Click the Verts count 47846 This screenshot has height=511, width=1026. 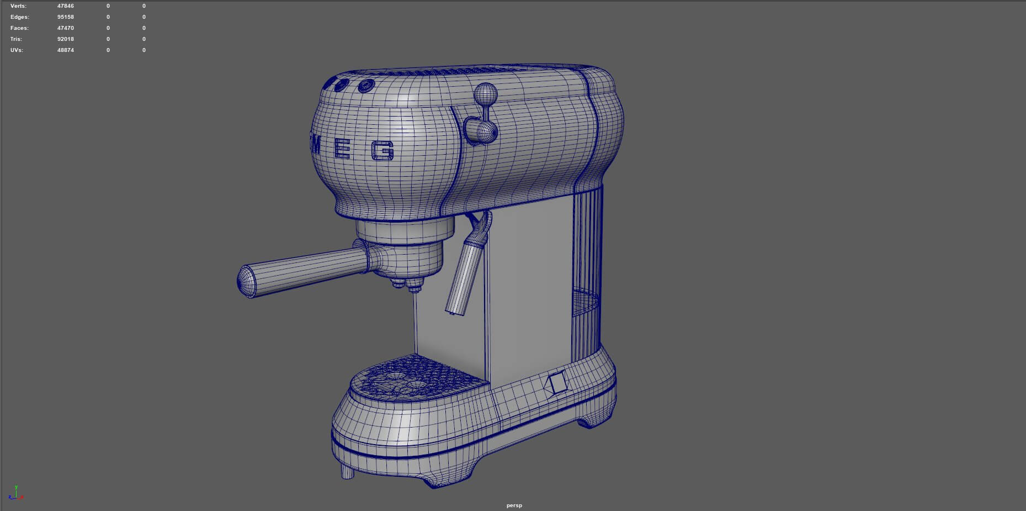coord(65,6)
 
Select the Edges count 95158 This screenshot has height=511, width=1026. coord(65,17)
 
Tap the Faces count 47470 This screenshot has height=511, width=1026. coord(65,28)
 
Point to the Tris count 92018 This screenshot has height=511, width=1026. coord(65,39)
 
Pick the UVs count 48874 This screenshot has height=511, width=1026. coord(65,50)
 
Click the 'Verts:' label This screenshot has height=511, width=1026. coord(18,6)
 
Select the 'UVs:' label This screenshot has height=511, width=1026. coord(17,50)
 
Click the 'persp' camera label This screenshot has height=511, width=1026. coord(514,505)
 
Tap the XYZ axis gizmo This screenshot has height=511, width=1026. coord(15,493)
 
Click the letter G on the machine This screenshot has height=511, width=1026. coord(382,150)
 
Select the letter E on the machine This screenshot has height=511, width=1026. coord(343,148)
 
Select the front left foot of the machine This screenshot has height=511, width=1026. coord(347,471)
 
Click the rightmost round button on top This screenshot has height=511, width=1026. coord(365,86)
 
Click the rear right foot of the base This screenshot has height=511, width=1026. coord(589,423)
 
